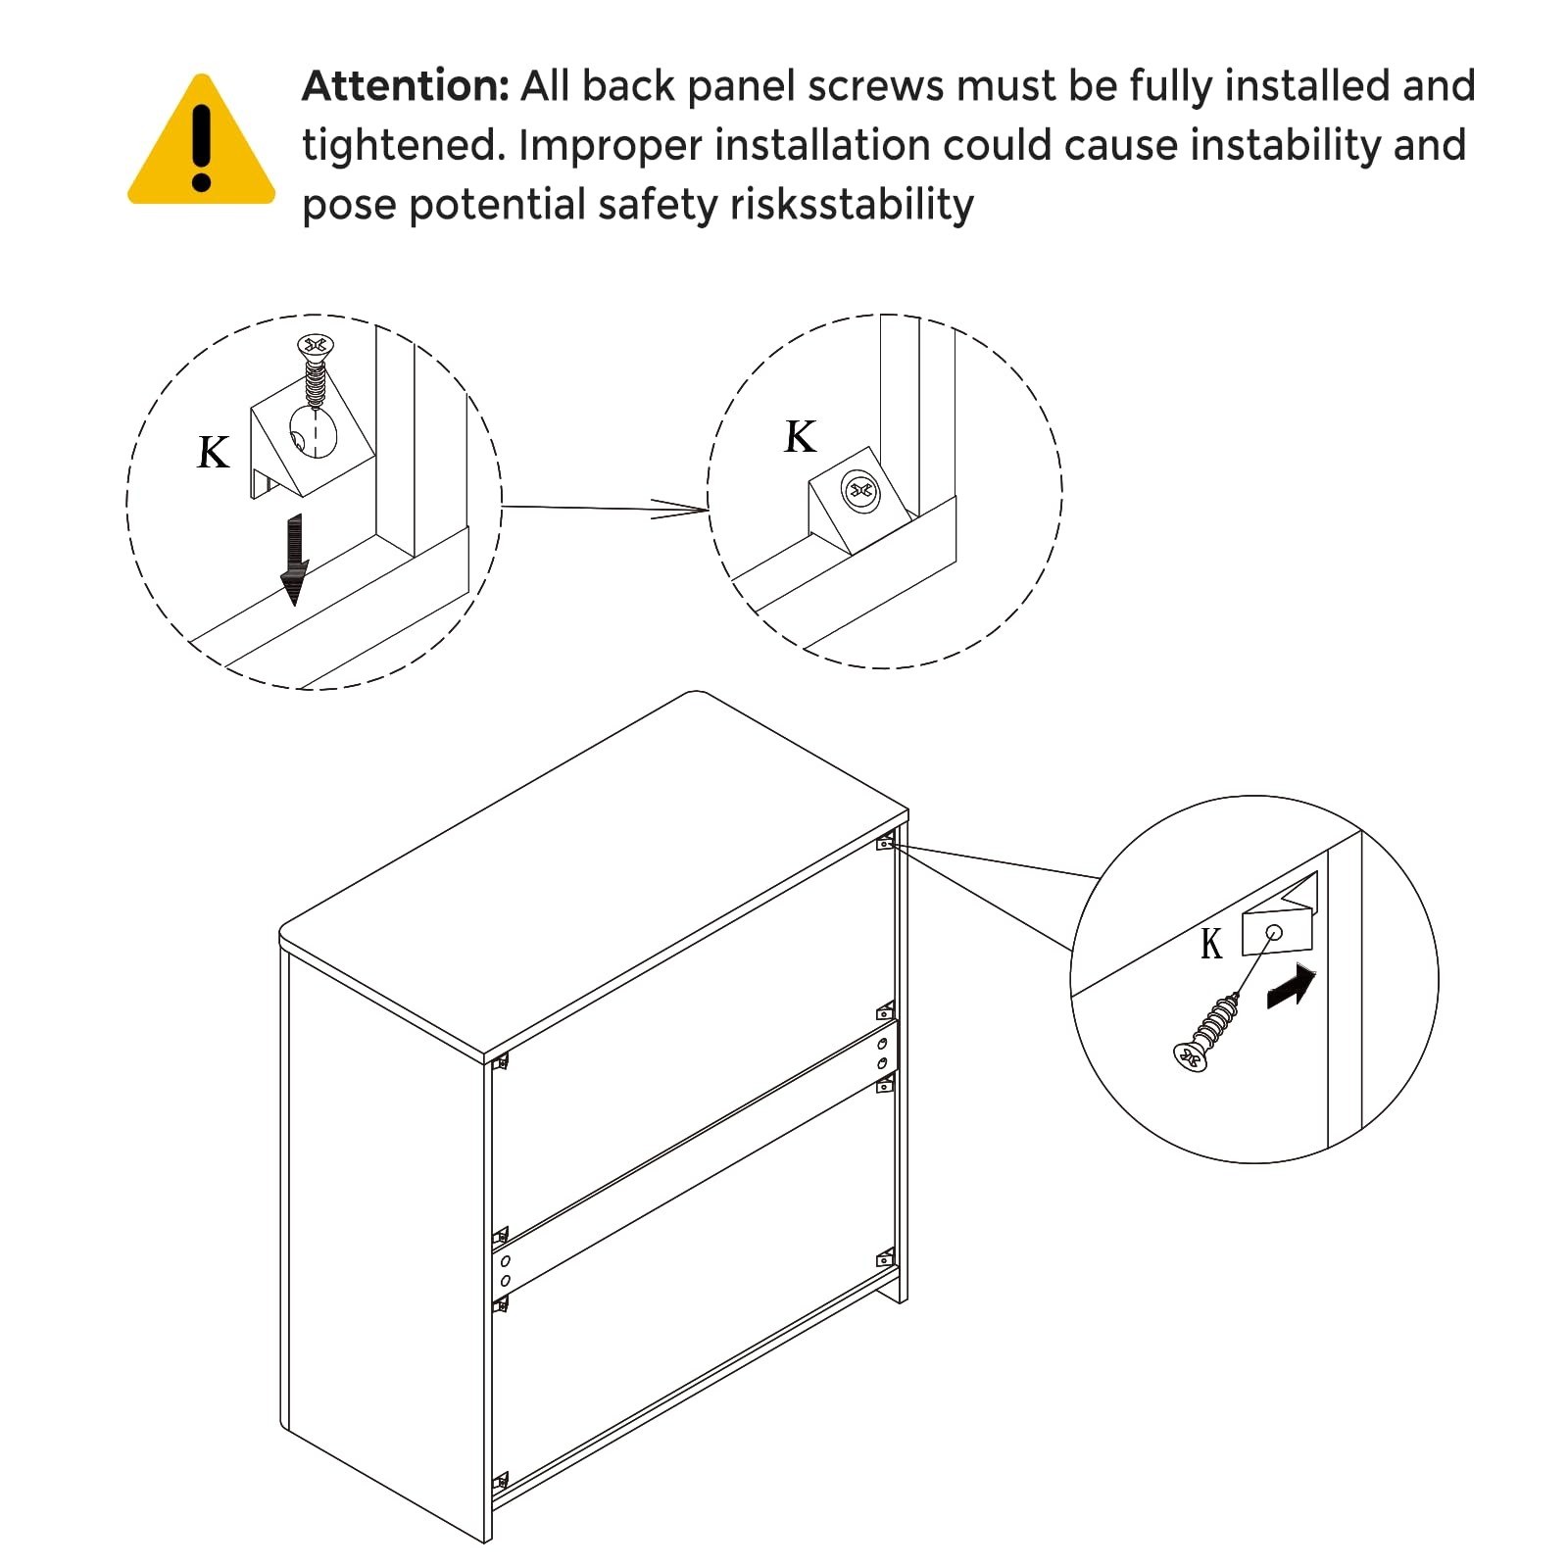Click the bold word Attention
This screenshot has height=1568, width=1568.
406,86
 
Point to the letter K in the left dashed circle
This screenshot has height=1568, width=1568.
213,453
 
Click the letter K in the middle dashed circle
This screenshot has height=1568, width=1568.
800,436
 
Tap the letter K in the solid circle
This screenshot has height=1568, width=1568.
1211,945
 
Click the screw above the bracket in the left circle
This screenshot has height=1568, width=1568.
315,370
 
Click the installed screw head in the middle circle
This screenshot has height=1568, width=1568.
861,490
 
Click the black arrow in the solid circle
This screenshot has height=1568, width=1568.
1291,986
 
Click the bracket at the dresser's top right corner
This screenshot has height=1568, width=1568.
885,841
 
